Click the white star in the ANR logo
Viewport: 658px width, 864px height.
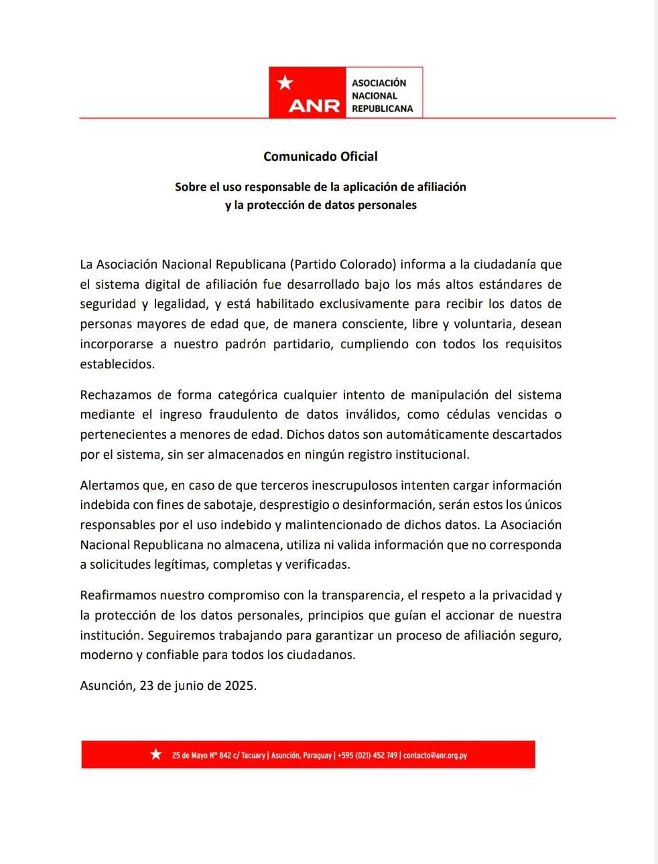coord(285,83)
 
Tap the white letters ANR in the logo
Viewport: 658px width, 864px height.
coord(314,106)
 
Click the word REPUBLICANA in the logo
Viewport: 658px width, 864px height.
coord(383,109)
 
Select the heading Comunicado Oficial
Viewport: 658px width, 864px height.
coord(320,157)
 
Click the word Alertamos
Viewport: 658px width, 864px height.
coord(109,486)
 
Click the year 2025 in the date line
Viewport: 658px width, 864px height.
coord(240,686)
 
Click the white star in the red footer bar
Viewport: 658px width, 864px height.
coord(156,755)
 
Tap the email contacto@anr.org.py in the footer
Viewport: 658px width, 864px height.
coord(435,755)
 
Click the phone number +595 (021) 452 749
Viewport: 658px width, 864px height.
coord(367,755)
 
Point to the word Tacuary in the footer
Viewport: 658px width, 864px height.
coord(253,755)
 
